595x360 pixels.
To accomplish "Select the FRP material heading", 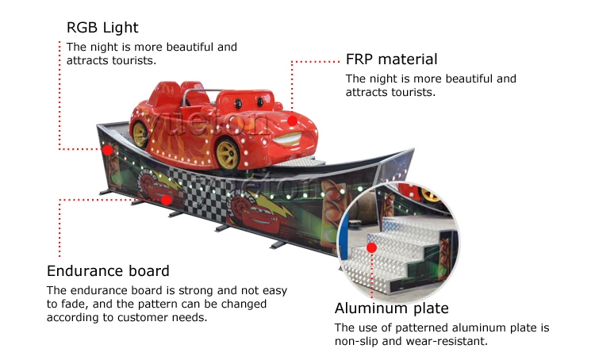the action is pos(391,59).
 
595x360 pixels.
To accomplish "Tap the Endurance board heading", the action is pos(108,271).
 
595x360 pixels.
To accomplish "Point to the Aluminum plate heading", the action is pos(392,308).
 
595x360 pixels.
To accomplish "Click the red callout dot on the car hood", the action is pos(293,121).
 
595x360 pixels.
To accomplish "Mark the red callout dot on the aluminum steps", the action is pos(370,247).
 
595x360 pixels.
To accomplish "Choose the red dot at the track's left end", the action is pos(107,149).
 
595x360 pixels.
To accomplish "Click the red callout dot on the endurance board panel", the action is pos(166,200).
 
